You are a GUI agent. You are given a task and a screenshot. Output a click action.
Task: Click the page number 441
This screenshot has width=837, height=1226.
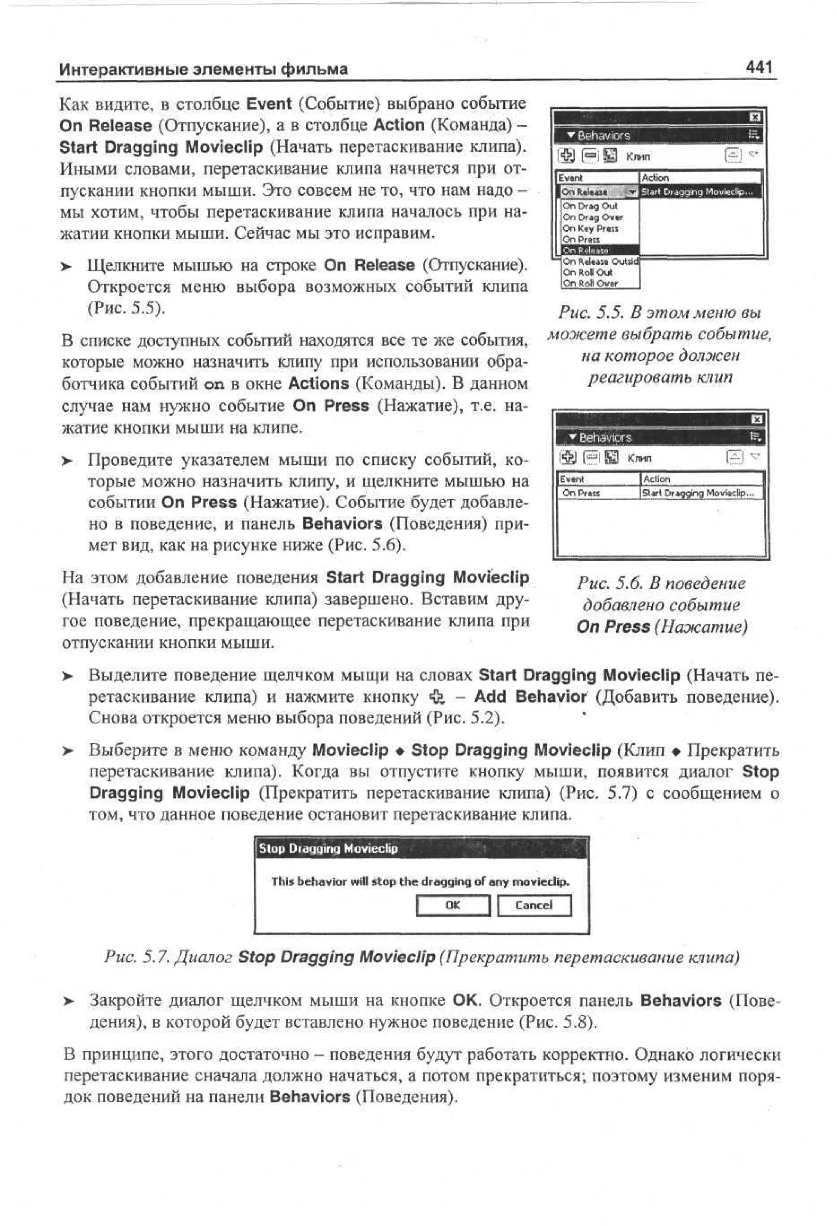click(x=759, y=67)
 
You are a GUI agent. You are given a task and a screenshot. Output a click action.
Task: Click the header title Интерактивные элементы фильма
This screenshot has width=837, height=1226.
click(x=203, y=69)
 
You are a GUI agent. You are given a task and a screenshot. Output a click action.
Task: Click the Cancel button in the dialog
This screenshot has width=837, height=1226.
click(x=534, y=905)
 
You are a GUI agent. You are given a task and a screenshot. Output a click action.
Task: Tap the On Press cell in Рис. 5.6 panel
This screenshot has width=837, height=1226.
click(x=581, y=493)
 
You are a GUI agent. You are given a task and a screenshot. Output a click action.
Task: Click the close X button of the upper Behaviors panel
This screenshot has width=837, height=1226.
click(x=755, y=117)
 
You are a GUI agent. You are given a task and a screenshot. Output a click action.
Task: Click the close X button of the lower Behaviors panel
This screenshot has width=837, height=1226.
click(x=756, y=419)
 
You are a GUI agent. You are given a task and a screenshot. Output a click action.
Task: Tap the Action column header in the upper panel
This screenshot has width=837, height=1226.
click(x=655, y=178)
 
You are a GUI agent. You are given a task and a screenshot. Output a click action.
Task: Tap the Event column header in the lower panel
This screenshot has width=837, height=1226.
click(x=572, y=479)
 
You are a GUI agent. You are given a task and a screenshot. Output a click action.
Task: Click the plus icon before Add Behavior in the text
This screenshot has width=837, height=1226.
click(x=437, y=697)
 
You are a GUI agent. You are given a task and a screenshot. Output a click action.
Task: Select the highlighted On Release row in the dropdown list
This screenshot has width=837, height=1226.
click(x=585, y=250)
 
